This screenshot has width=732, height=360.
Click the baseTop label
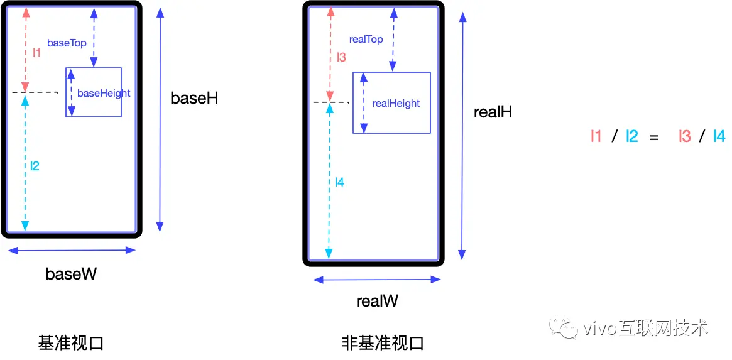coord(66,43)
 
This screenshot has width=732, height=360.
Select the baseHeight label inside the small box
coord(104,93)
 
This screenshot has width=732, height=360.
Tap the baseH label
coord(194,98)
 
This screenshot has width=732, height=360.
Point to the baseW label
coord(71,274)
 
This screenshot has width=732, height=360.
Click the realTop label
coord(366,40)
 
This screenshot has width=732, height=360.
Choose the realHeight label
coord(396,103)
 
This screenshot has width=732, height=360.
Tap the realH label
coord(493,112)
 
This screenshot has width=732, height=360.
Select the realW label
coord(377,301)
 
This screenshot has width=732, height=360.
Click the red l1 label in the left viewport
coord(36,53)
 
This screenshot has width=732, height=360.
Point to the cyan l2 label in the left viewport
coord(35,166)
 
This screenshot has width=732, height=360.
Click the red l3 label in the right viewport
coord(341,57)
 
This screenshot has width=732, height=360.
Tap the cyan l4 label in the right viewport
coord(339,182)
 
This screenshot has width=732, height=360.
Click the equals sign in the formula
coord(654,136)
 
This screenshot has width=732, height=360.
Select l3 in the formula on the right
coord(685,136)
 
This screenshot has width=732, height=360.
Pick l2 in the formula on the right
coord(631,136)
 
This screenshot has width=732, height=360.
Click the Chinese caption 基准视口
coord(70,343)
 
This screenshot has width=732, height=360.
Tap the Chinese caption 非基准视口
coord(383,343)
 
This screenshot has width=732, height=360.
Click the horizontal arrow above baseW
coord(72,250)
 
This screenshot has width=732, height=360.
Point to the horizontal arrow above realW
coord(377,280)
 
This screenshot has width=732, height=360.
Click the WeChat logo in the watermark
coord(562,327)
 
